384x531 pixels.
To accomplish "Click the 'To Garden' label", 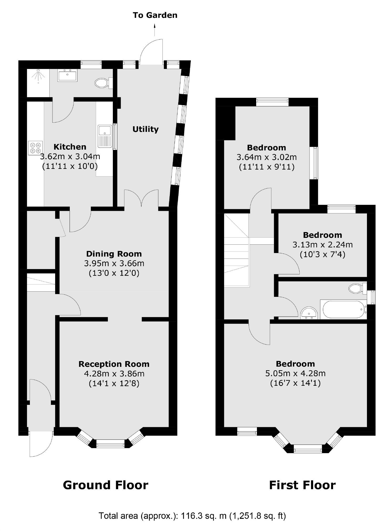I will pyautogui.click(x=155, y=15).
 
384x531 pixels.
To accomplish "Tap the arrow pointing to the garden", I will pyautogui.click(x=155, y=30).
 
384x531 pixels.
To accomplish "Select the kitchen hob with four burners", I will pyautogui.click(x=35, y=148).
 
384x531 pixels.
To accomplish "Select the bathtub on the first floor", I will pyautogui.click(x=343, y=309).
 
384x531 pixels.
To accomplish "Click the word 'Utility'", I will pyautogui.click(x=145, y=129).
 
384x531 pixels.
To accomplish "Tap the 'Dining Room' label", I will pyautogui.click(x=114, y=254).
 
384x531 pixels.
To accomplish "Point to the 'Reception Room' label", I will pyautogui.click(x=114, y=364).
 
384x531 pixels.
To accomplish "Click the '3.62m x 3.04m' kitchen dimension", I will pyautogui.click(x=70, y=157).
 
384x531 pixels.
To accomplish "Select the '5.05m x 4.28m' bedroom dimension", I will pyautogui.click(x=295, y=373).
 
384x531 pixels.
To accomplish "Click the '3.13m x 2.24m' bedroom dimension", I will pyautogui.click(x=322, y=245).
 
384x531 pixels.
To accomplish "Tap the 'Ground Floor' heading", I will pyautogui.click(x=106, y=485).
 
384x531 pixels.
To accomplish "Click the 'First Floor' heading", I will pyautogui.click(x=302, y=485).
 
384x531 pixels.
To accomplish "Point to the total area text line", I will pyautogui.click(x=192, y=516).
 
